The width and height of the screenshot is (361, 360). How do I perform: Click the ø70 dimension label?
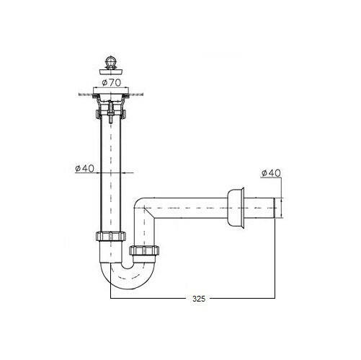(111, 83)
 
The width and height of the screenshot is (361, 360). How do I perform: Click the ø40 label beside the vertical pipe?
(84, 168)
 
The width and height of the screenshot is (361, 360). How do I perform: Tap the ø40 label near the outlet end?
(271, 173)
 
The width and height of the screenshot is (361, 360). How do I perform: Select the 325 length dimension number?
(199, 299)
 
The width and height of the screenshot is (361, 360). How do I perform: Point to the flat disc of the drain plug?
(111, 71)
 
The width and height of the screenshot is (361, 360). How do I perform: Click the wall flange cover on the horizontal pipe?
(236, 208)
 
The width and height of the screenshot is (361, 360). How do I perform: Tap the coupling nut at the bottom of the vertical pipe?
(111, 236)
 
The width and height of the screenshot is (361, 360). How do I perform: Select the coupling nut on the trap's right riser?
(144, 250)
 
